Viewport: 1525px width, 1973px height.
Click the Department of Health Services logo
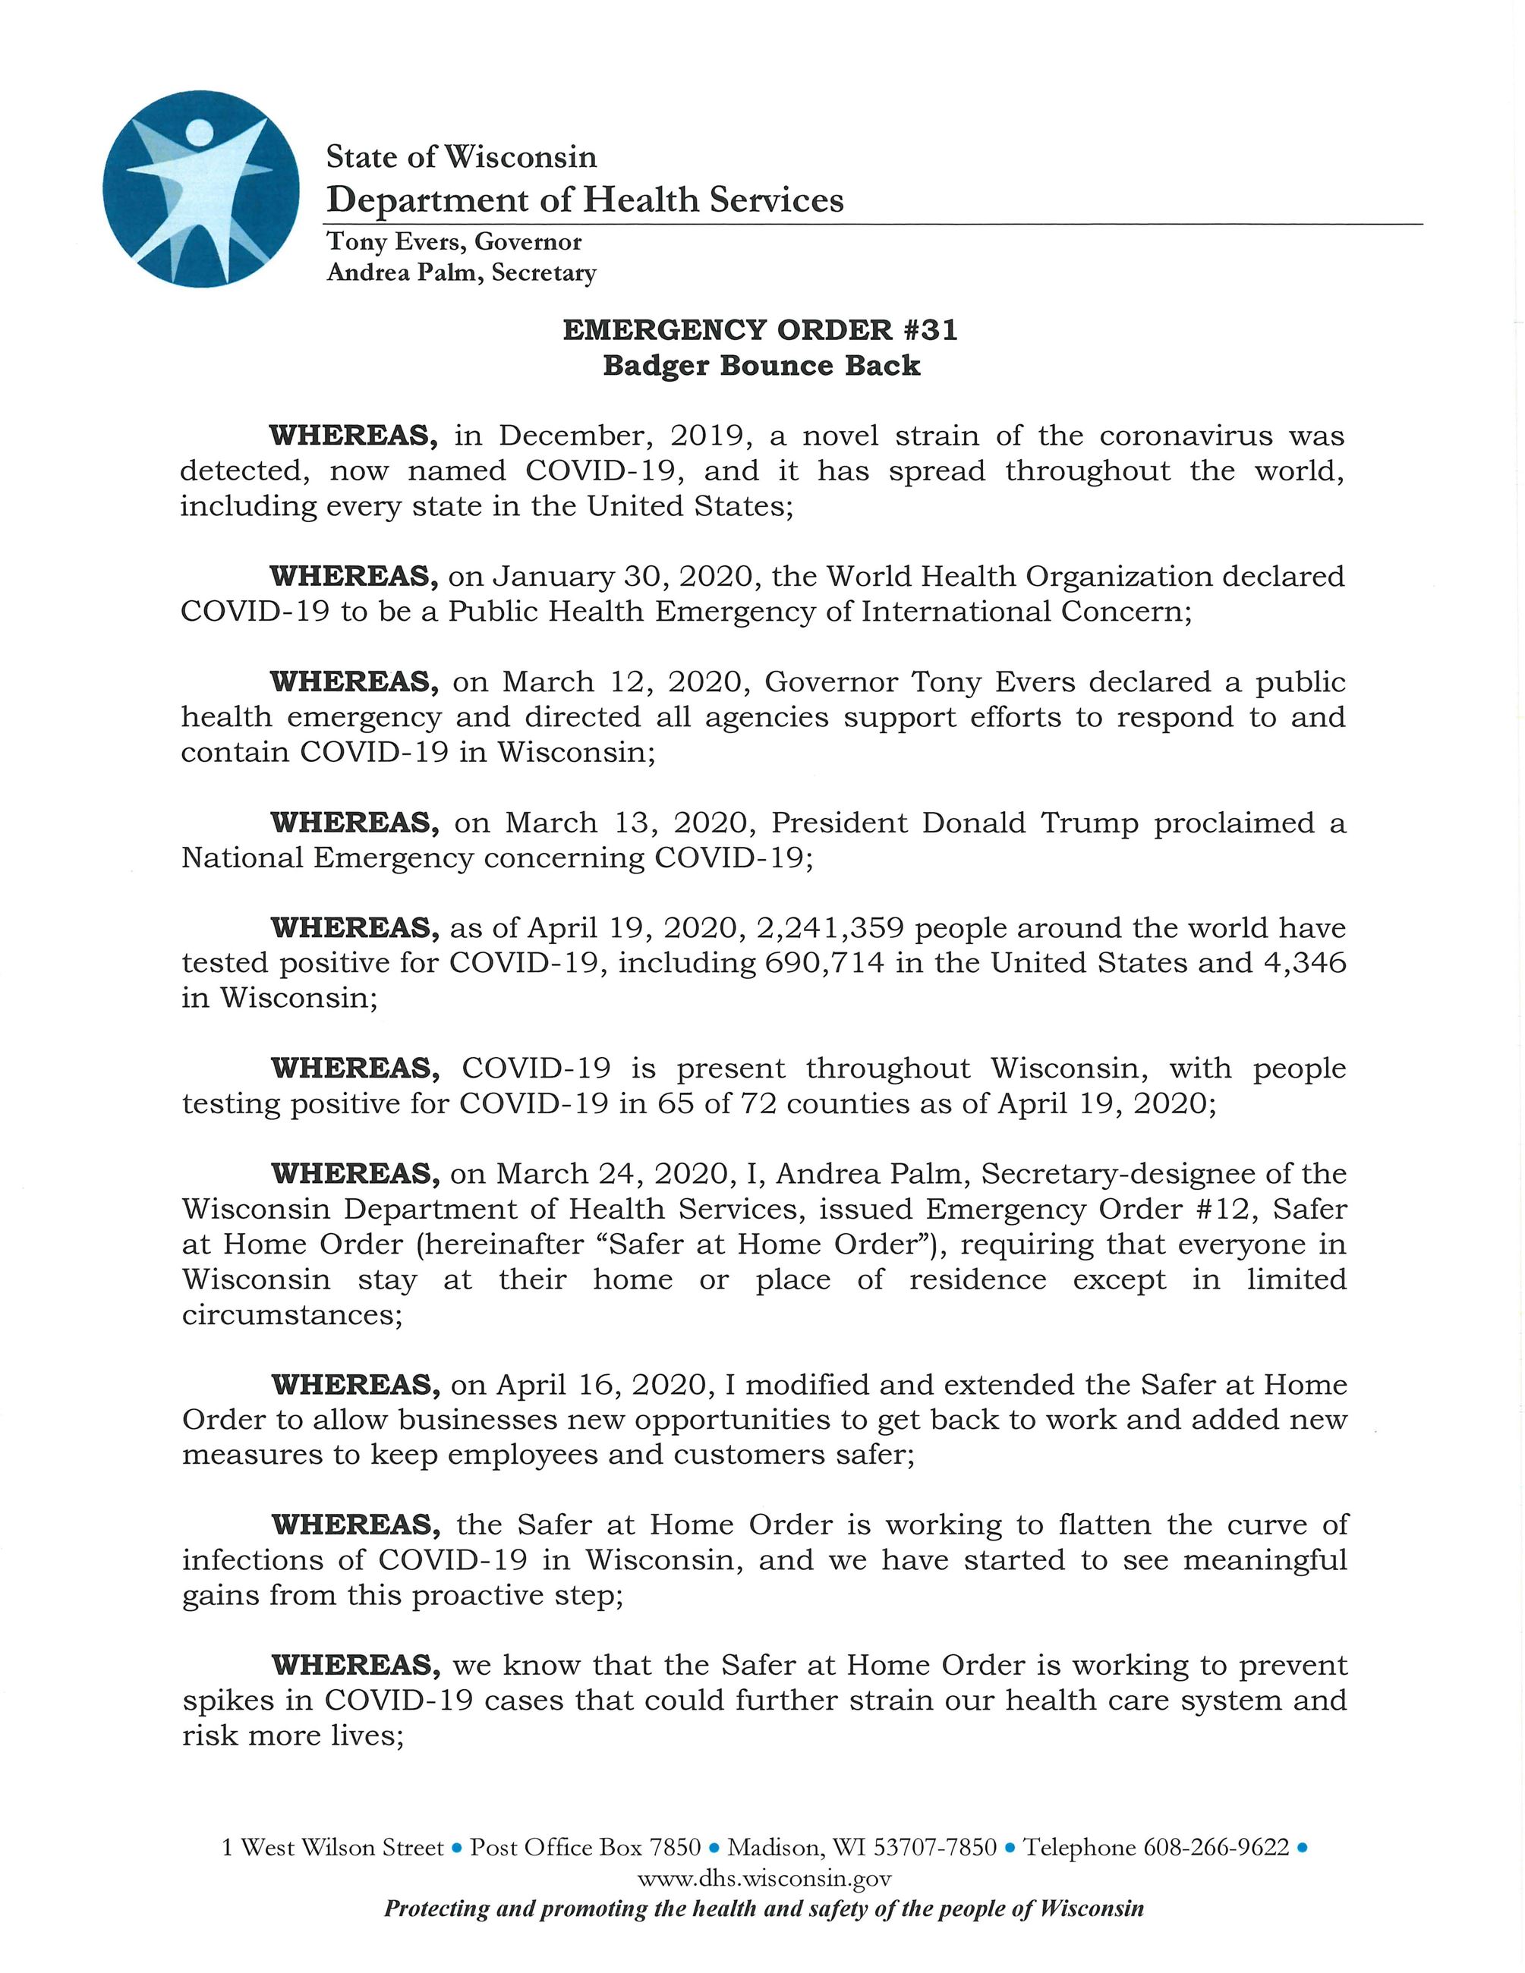tap(200, 189)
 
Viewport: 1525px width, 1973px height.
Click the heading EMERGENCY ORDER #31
tap(760, 330)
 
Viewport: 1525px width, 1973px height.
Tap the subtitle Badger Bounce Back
tap(761, 366)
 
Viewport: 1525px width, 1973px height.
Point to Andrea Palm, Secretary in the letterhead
tap(462, 273)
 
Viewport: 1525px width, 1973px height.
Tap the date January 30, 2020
tap(603, 577)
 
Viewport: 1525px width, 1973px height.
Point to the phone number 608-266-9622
tap(1216, 1848)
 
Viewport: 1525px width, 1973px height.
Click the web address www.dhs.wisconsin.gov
tap(764, 1879)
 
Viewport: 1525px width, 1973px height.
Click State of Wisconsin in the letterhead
tap(461, 157)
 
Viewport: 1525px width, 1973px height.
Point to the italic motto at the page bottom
tap(764, 1908)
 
